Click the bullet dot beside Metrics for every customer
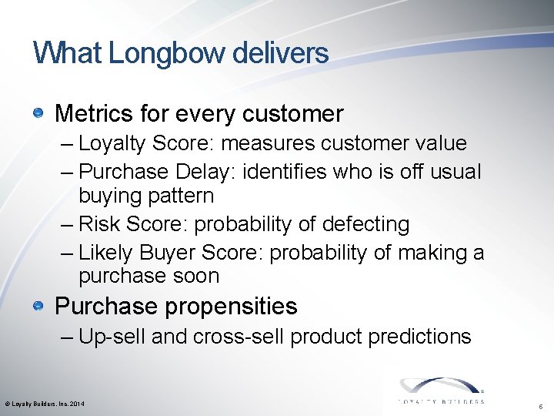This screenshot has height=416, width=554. tap(38, 114)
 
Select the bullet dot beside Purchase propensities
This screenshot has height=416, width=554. tap(38, 307)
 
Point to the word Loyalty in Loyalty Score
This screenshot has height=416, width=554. tap(107, 143)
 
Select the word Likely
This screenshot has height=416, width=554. tap(107, 253)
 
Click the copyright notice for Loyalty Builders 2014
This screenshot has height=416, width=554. tap(45, 404)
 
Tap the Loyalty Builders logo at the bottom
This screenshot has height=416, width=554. tap(440, 391)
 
